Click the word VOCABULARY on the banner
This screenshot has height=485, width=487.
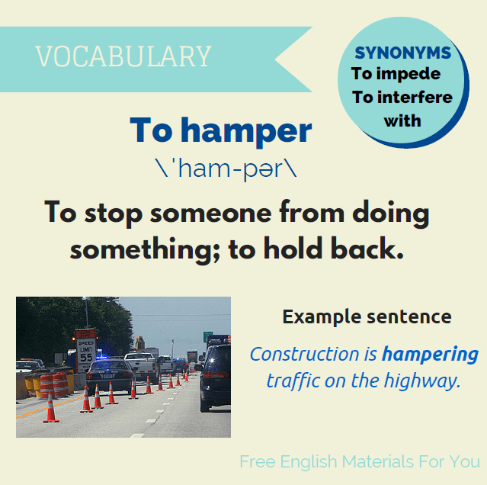123,56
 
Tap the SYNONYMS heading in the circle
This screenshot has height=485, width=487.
402,53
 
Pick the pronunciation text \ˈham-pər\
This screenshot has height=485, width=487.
225,169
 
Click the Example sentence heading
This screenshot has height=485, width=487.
367,316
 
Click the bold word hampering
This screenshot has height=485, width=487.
430,355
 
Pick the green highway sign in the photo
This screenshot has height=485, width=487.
207,337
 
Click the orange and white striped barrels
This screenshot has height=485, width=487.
53,384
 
